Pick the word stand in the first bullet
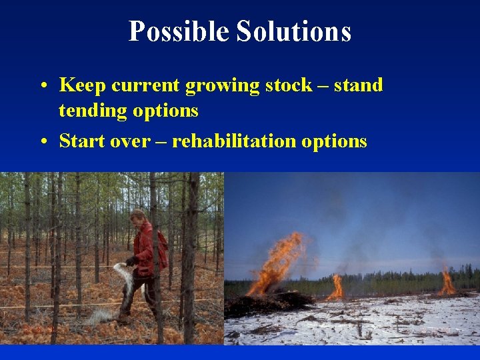coord(358,85)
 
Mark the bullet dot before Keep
coord(42,86)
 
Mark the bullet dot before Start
coord(42,141)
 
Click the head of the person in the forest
coord(138,217)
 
